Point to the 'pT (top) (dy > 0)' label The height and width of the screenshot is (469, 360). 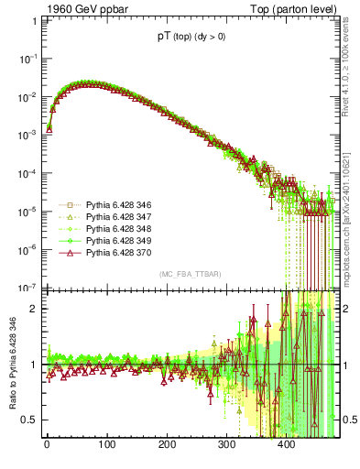(x=190, y=38)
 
